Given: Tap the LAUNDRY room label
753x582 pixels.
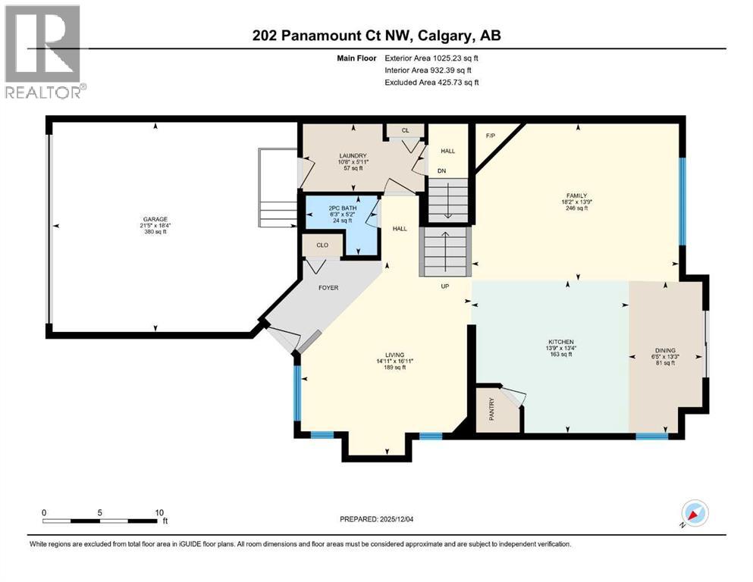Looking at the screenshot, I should coord(352,155).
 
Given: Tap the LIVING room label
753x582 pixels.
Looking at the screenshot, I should coord(394,355).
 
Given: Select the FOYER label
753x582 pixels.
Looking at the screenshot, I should coord(328,288).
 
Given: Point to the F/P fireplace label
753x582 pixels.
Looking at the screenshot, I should coord(491,136).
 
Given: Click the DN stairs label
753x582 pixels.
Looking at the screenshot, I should coord(441,171).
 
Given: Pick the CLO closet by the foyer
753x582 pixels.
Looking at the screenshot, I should coord(322,246).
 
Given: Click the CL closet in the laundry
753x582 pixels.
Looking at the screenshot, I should coord(405,130).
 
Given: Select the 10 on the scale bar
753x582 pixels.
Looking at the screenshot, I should coord(159,512).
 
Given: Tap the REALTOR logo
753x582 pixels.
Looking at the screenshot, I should coord(45,51).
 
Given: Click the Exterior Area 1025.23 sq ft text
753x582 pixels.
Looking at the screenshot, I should coord(431,58).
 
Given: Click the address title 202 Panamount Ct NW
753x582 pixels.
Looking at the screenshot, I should coord(376,36).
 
